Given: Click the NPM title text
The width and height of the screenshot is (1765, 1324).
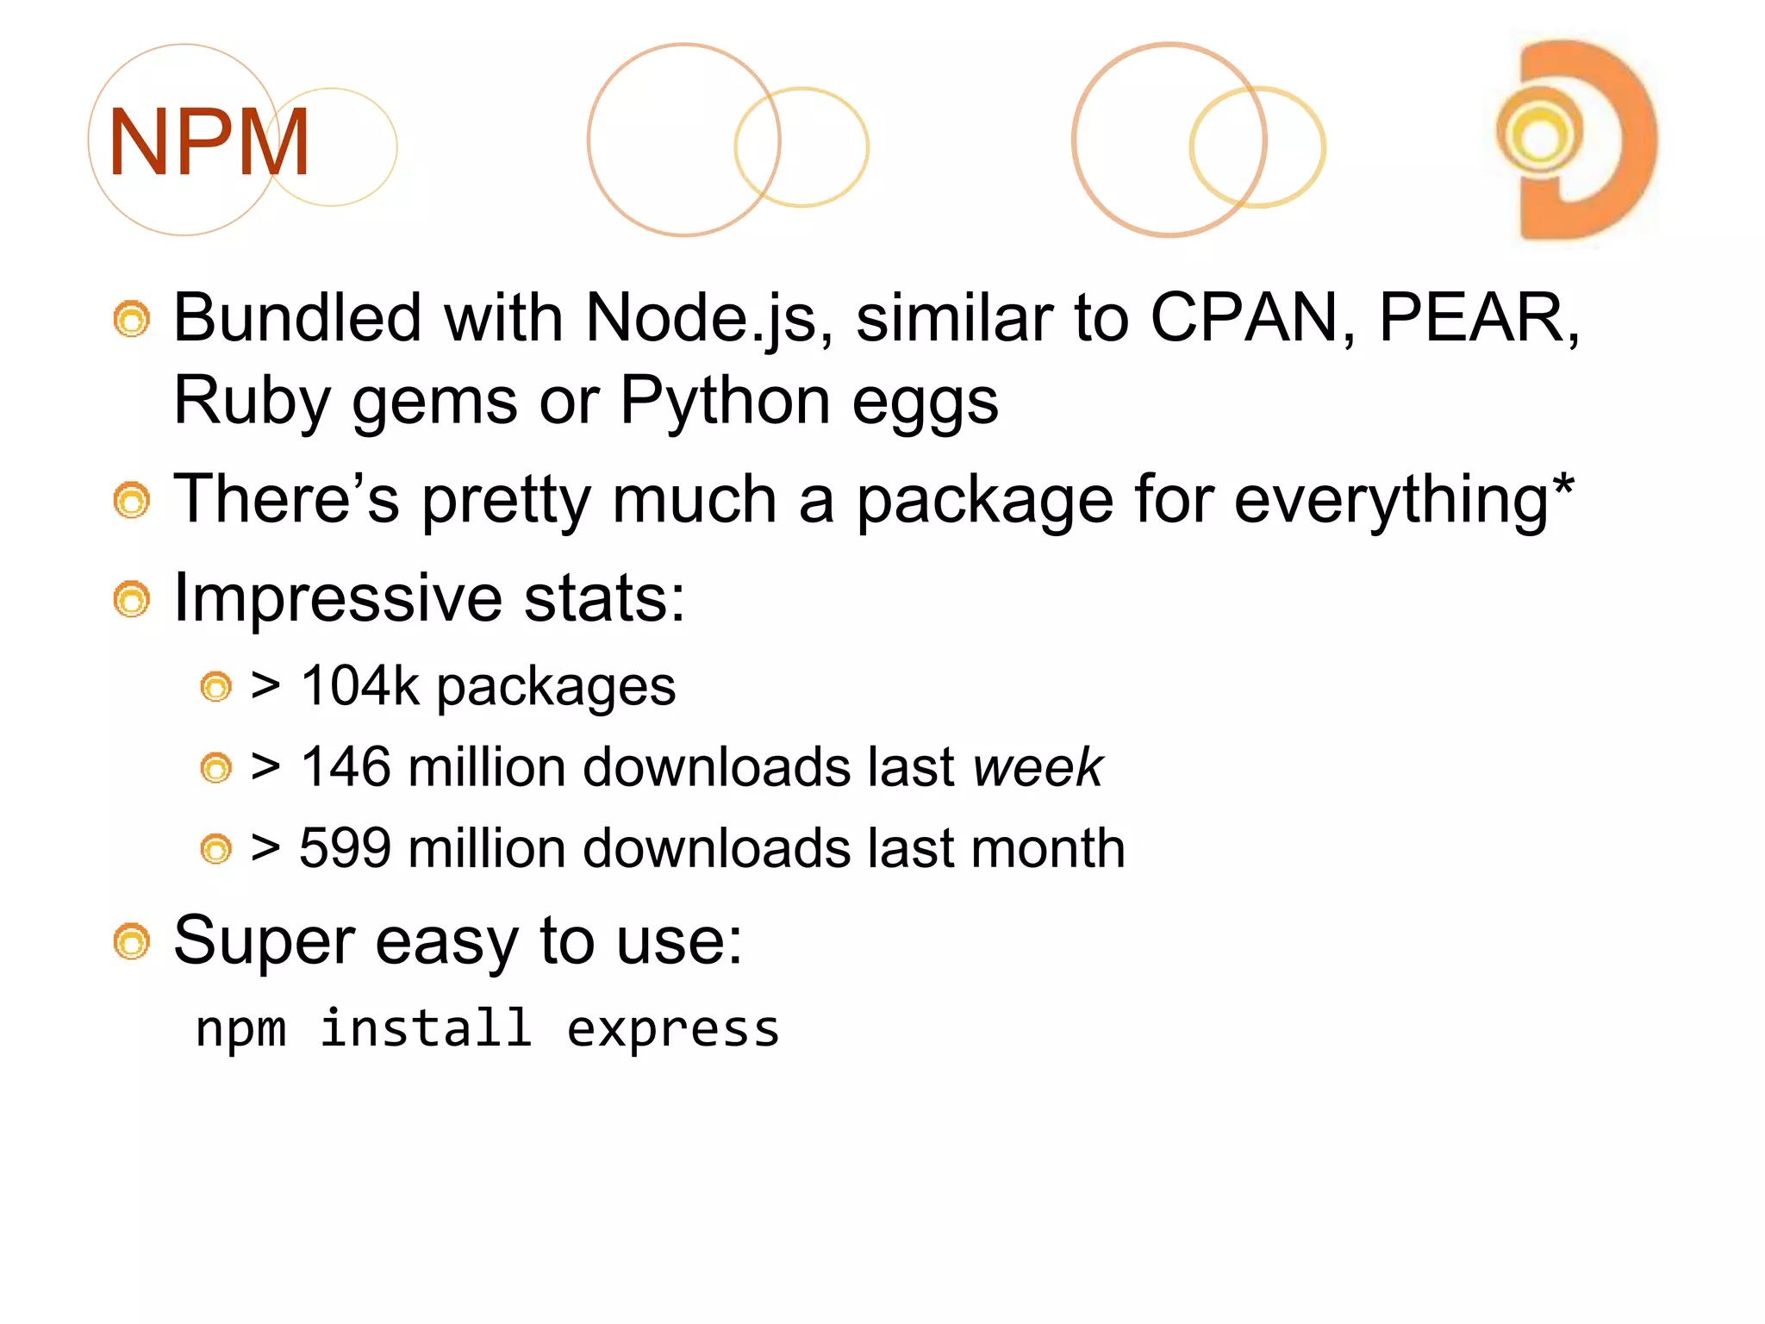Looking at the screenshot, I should point(209,142).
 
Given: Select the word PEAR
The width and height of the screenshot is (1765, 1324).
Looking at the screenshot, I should point(1475,318).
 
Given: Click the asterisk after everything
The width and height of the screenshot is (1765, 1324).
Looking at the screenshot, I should point(1562,488).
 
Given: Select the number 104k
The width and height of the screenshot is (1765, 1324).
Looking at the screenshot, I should point(359,686).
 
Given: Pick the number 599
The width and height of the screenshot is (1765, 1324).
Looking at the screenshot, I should point(344,847).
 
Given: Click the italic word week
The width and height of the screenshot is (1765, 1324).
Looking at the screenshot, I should point(1038,766).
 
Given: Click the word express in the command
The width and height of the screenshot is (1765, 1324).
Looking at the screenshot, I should point(672,1029).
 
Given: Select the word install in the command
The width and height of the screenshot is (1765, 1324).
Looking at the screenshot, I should point(426,1027).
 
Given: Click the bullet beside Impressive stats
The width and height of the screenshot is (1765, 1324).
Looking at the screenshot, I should point(132,599).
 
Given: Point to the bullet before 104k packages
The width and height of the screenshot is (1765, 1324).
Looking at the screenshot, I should point(215,687).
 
